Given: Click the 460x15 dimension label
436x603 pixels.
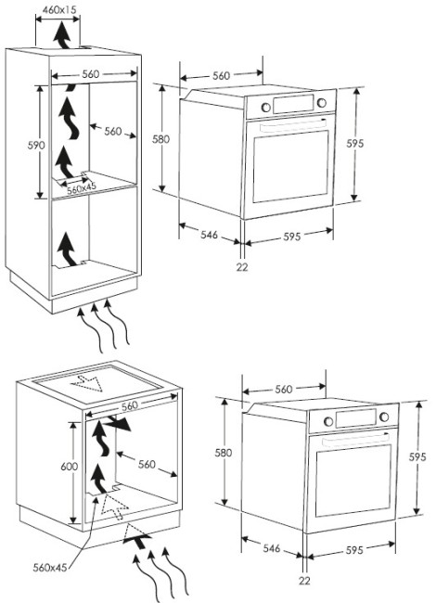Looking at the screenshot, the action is [x=58, y=9].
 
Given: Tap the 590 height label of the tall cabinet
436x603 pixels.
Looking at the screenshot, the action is [x=36, y=146].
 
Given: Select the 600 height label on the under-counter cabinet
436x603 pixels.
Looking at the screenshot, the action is [x=70, y=467].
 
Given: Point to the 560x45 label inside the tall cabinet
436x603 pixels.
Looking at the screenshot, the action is [x=81, y=188].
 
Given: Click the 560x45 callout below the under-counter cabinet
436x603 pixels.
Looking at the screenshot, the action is [x=50, y=567].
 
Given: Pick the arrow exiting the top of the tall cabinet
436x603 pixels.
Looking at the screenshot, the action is [x=61, y=35].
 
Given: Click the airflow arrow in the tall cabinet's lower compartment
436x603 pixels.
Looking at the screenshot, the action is [x=68, y=250].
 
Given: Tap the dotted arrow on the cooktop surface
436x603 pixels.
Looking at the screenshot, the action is [x=87, y=382].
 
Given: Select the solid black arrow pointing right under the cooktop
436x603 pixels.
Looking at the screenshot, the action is [x=118, y=423].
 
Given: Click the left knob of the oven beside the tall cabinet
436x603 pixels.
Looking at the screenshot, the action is [x=265, y=108].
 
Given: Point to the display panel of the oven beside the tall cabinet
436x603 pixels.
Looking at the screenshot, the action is [x=293, y=104].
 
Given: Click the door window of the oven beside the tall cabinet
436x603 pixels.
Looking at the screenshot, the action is [x=291, y=166].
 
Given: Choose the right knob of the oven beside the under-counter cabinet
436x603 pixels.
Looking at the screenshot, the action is [x=384, y=417].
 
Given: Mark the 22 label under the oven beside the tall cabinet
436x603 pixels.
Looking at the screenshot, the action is [x=242, y=266].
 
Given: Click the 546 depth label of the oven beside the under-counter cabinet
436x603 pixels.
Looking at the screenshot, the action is [x=272, y=548].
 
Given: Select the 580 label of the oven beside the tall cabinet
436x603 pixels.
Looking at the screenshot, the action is [x=160, y=139].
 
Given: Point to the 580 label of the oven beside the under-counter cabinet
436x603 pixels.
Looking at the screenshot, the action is [x=223, y=453].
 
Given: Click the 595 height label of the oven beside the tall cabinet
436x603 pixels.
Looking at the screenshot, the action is [x=354, y=144].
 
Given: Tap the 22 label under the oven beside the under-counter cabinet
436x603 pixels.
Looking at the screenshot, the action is [x=304, y=581].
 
